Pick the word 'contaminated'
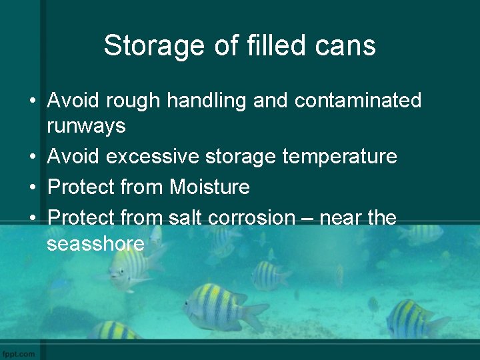click(358, 101)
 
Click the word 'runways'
click(86, 125)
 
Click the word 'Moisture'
click(209, 187)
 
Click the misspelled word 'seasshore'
click(95, 243)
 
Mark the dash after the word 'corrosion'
click(306, 217)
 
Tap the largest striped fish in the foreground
click(223, 309)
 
